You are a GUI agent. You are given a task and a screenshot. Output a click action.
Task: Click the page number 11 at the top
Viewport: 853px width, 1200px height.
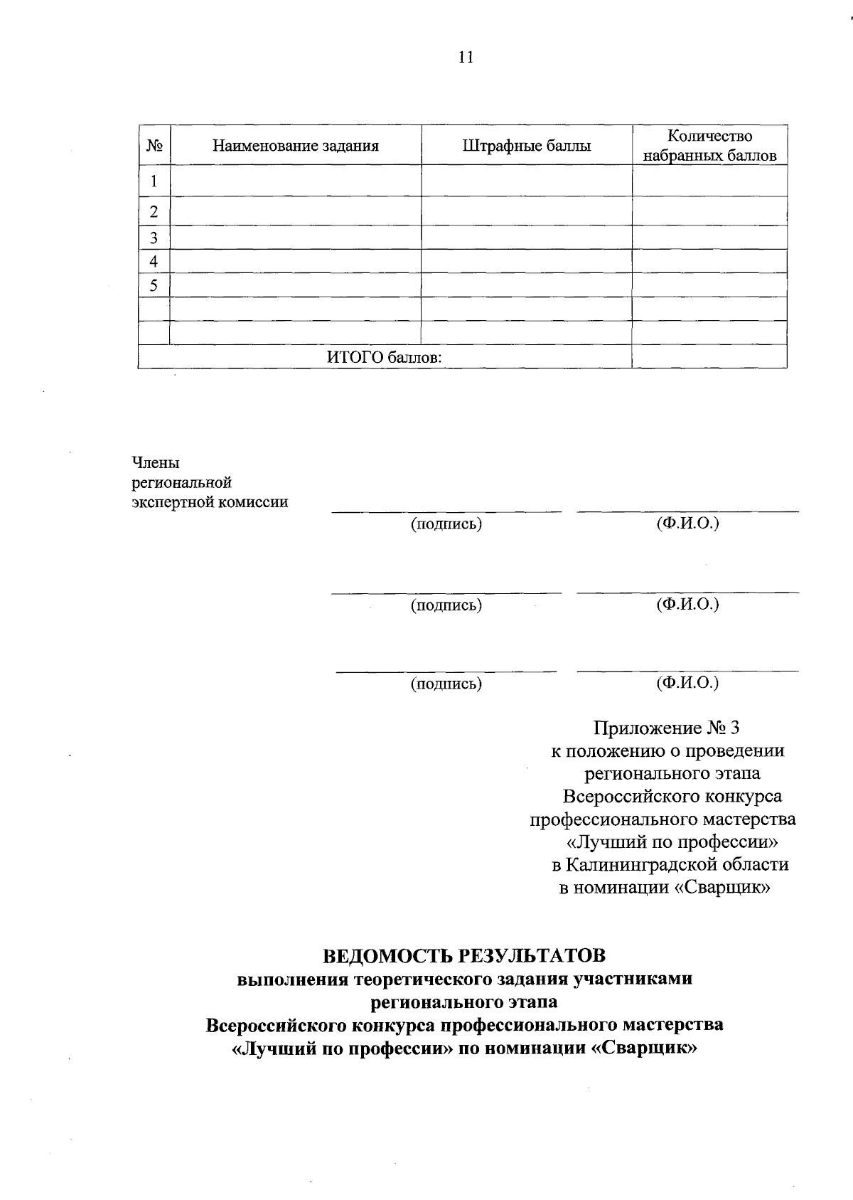(466, 58)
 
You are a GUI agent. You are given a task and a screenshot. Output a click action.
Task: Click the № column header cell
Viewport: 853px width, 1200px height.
(154, 147)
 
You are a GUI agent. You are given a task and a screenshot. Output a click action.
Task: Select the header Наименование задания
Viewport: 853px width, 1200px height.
(295, 147)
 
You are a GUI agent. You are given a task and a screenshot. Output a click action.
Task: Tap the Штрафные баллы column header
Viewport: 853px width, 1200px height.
(526, 147)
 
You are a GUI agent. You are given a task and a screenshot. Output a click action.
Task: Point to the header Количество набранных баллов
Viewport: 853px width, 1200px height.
(709, 146)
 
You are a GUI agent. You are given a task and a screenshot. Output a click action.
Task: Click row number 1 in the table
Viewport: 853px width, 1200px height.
(154, 181)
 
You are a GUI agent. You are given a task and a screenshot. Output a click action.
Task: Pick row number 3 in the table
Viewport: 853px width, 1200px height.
(154, 238)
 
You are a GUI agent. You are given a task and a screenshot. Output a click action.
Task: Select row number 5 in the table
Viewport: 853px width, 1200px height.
(154, 286)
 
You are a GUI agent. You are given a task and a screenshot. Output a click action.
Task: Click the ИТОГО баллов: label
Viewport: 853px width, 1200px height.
(384, 357)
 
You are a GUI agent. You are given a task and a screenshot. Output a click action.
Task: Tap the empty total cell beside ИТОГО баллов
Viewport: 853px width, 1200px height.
(709, 356)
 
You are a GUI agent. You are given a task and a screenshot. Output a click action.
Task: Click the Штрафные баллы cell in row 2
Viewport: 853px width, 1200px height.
(526, 211)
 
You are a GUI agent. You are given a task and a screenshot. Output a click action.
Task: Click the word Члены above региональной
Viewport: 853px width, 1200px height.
(156, 463)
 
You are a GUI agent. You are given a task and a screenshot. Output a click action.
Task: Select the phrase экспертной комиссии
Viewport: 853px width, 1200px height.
(210, 502)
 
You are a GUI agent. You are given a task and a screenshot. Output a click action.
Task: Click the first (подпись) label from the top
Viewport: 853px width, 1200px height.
(446, 525)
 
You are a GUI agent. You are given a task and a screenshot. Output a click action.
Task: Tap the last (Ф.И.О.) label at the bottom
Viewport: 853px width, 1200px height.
(687, 683)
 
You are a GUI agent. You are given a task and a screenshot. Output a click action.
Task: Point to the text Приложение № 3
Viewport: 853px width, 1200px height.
(667, 728)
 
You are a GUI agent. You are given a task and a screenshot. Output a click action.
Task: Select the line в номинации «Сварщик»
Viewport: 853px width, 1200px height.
(665, 888)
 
